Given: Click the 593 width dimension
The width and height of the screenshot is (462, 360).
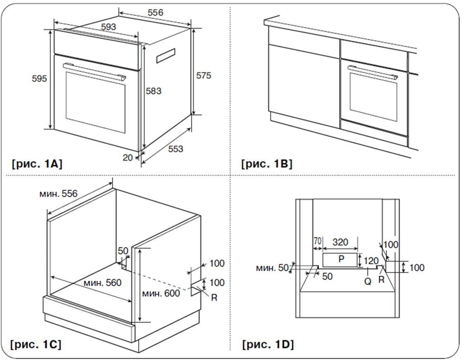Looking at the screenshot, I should (108, 27).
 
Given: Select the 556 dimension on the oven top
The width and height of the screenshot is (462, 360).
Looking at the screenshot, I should (155, 12).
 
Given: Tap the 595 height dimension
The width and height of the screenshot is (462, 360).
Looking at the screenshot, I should (40, 78).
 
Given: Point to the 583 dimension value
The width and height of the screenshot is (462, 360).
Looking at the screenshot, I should (153, 91).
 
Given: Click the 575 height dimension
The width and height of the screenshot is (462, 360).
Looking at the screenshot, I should (203, 76).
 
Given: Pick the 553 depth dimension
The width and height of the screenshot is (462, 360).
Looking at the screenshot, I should (176, 149).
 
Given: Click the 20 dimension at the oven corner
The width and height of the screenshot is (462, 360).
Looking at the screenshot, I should (128, 157).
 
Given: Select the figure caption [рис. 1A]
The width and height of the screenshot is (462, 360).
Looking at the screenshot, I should (37, 164).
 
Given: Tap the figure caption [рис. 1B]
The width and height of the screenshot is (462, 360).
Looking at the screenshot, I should (267, 164).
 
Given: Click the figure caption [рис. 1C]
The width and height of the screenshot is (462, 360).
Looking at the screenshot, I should (37, 344).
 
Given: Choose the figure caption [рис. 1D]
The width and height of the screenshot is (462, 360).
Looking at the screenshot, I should (268, 344).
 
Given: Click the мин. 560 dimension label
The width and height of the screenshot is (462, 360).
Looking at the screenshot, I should (102, 283).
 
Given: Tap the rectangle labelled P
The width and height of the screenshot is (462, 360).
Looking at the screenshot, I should (341, 259).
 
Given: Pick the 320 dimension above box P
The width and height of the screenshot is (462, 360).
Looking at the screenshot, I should (340, 242).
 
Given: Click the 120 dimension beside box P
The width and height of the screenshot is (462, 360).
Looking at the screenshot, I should (371, 261).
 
